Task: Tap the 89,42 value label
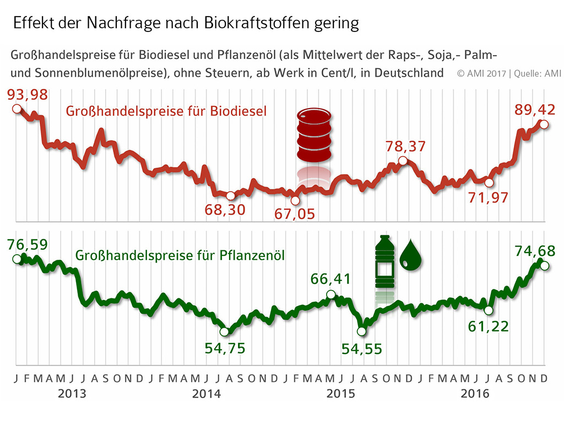(x=534, y=109)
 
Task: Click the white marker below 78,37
(x=403, y=161)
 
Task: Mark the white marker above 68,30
(x=231, y=196)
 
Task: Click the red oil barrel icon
(x=314, y=135)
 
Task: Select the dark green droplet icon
(x=411, y=256)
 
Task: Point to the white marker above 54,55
(x=361, y=331)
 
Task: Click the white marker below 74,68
(x=544, y=266)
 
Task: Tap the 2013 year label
(x=72, y=394)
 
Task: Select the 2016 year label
(x=475, y=394)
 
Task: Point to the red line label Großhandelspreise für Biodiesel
(x=166, y=111)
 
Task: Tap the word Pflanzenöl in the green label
(x=254, y=256)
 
